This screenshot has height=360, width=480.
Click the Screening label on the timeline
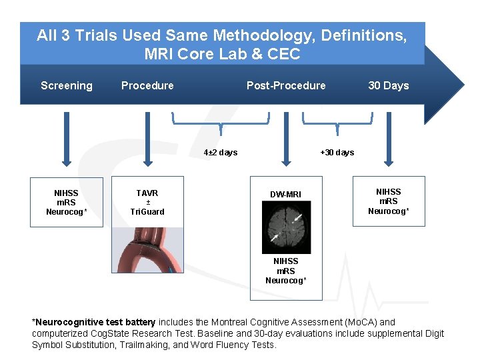tap(67, 85)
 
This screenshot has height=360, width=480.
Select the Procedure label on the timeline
tap(147, 85)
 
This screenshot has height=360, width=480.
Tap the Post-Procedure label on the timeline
tap(286, 85)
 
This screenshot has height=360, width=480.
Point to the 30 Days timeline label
tap(388, 85)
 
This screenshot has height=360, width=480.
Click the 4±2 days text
tap(220, 153)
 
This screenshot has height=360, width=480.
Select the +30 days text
tap(337, 153)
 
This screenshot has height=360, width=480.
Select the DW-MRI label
tap(286, 195)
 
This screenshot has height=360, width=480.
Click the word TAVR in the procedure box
tap(147, 193)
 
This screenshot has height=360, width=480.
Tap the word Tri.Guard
tap(147, 212)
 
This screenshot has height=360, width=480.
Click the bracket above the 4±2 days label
tap(221, 121)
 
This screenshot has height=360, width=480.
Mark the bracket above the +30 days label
tap(337, 121)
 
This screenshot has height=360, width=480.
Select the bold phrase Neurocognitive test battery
tap(95, 323)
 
